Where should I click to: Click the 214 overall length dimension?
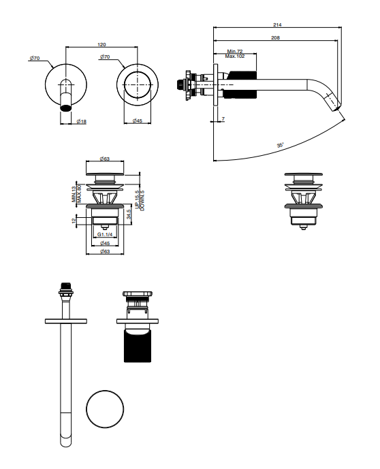pos(277,25)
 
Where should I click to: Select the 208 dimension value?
pos(275,37)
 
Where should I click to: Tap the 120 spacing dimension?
pos(101,44)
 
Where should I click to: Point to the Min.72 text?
pos(235,52)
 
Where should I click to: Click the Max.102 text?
pos(235,56)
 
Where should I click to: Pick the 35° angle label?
pos(281,145)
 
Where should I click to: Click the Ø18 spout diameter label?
pos(82,121)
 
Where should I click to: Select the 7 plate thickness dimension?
pos(223,119)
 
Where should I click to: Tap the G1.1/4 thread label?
pos(105,234)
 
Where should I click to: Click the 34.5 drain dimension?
pos(129,214)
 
